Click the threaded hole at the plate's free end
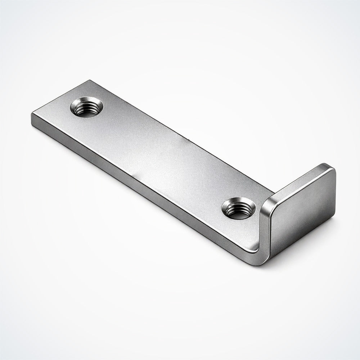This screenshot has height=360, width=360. tap(87, 107)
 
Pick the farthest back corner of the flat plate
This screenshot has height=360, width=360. tap(87, 81)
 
